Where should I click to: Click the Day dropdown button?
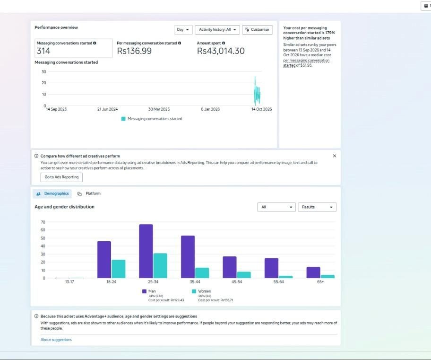[183, 30]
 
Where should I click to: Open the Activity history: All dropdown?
[217, 30]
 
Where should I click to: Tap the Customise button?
[257, 30]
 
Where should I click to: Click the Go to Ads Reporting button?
[61, 177]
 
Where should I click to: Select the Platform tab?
[89, 194]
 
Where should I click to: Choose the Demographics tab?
[52, 194]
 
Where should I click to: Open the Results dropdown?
[317, 207]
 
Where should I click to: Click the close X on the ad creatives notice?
[335, 156]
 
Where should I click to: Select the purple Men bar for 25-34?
[146, 251]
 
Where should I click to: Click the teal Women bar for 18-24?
[119, 269]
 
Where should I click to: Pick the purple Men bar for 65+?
[313, 272]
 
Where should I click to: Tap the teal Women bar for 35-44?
[202, 273]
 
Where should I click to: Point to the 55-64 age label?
[278, 282]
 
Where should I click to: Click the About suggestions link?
[56, 340]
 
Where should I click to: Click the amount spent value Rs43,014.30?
[221, 51]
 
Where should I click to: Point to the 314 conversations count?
[43, 51]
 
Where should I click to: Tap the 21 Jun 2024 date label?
[107, 109]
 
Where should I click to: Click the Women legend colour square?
[194, 291]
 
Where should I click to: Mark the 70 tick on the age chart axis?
[43, 222]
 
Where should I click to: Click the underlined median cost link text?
[307, 60]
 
